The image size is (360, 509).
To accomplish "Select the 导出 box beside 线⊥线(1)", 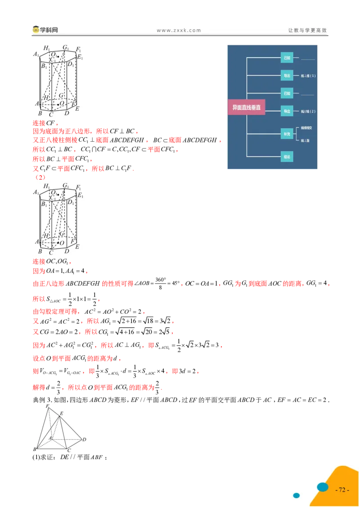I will pyautogui.click(x=287, y=75).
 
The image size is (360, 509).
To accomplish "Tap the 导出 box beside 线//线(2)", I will pyautogui.click(x=287, y=111).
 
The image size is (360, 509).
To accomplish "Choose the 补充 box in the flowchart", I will pyautogui.click(x=287, y=134).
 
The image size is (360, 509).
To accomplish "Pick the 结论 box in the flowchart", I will pyautogui.click(x=287, y=156).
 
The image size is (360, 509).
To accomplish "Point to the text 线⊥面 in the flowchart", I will pyautogui.click(x=306, y=140).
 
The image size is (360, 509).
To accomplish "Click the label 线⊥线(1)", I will pyautogui.click(x=308, y=76).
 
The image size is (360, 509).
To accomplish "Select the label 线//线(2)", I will pyautogui.click(x=308, y=111).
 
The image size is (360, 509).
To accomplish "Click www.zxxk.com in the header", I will pyautogui.click(x=179, y=31).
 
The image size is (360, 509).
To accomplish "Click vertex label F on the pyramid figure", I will pyautogui.click(x=47, y=406).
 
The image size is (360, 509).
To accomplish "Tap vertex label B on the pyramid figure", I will pyautogui.click(x=35, y=449).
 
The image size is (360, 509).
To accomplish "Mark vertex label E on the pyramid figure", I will pyautogui.click(x=61, y=413).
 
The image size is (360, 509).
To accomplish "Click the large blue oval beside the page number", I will pyautogui.click(x=323, y=487).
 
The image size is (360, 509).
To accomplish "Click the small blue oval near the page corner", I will pyautogui.click(x=296, y=496).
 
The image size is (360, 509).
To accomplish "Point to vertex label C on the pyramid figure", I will pyautogui.click(x=68, y=450).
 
